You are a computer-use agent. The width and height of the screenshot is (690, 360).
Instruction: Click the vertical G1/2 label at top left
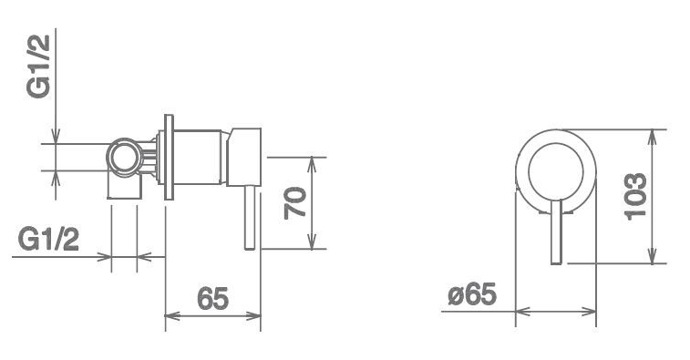(x=38, y=67)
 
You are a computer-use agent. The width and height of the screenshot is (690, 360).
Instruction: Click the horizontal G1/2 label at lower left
(x=48, y=240)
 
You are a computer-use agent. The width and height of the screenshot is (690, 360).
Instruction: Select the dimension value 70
(x=294, y=203)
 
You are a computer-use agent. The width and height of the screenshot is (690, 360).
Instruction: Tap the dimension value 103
(x=635, y=196)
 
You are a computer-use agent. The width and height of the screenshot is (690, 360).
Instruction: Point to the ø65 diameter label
(x=472, y=294)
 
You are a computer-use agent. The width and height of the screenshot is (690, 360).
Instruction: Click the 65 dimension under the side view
(x=213, y=298)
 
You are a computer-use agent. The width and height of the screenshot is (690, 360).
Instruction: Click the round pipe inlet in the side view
(x=125, y=157)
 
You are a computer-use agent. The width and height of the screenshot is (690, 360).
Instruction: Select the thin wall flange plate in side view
(x=169, y=157)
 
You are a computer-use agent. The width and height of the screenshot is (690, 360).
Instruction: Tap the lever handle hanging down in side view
(x=250, y=218)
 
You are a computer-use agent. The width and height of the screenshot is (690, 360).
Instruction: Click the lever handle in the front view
(x=556, y=232)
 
